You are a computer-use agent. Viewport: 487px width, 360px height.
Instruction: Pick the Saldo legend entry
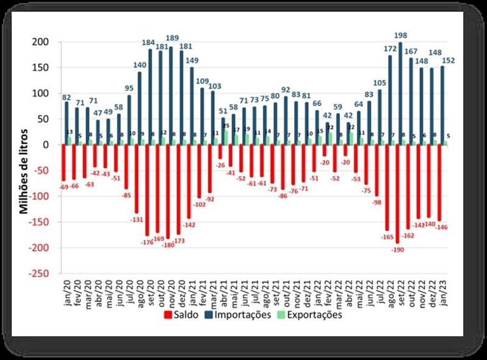(183, 315)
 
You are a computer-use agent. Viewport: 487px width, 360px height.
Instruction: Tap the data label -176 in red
(146, 241)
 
